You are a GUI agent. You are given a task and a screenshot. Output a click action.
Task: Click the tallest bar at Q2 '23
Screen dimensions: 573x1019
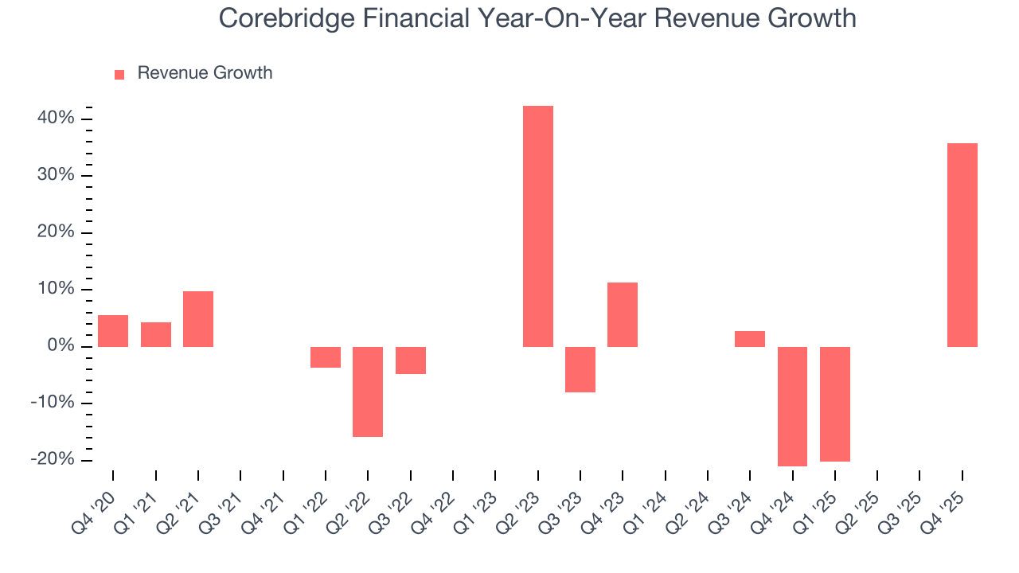click(537, 226)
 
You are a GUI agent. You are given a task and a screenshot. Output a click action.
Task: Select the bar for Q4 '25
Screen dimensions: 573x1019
click(962, 245)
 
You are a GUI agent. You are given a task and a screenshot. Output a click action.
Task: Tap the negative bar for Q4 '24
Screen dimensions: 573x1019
click(792, 406)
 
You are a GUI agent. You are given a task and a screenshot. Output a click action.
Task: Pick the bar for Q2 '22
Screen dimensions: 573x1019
click(368, 392)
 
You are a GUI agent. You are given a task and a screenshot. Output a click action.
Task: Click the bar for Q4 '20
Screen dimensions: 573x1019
click(113, 331)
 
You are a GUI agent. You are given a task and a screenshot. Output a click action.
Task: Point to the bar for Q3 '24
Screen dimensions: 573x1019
click(750, 339)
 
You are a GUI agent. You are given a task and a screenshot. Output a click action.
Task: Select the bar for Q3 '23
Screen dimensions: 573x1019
click(580, 369)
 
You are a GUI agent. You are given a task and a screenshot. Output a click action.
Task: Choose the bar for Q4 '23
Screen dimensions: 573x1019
click(623, 314)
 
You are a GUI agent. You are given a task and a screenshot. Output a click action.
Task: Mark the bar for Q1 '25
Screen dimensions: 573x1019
click(835, 403)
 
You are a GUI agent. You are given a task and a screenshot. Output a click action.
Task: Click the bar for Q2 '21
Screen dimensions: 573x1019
click(198, 318)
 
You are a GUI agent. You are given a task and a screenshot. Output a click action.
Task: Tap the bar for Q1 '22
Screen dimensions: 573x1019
click(326, 357)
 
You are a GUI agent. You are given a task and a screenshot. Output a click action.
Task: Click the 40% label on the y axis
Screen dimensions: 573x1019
click(56, 119)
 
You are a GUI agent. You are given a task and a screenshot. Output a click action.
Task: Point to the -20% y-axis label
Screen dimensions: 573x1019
click(53, 460)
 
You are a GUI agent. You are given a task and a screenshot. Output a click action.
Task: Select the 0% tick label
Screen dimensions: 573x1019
click(61, 346)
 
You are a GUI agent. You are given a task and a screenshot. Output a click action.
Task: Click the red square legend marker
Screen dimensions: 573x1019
click(119, 74)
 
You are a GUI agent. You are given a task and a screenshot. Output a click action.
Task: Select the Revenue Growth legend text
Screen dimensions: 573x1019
click(205, 73)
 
